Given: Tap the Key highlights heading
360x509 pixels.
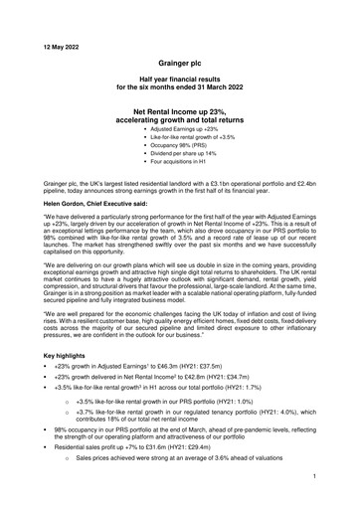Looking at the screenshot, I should pos(47,383).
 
